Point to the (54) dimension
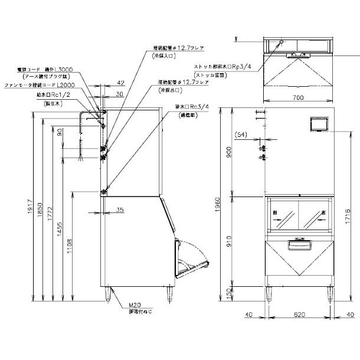click(243, 135)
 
